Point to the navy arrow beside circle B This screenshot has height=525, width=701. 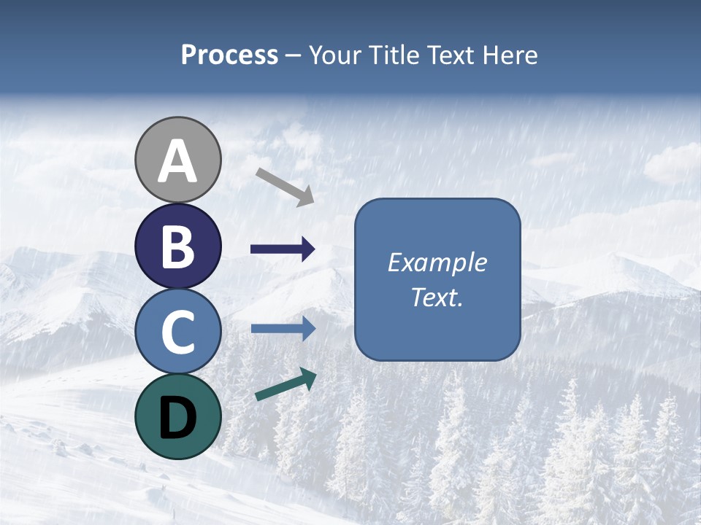tap(283, 249)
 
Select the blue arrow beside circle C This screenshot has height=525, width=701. tap(283, 329)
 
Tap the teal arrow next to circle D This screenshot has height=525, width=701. tap(286, 384)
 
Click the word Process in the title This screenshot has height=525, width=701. tap(229, 55)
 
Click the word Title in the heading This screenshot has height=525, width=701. tap(394, 55)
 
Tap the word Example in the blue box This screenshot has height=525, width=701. tap(437, 262)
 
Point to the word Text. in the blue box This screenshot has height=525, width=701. tap(437, 297)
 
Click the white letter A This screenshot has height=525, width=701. tap(177, 162)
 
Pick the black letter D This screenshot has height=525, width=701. tap(177, 419)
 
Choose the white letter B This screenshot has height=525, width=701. tap(177, 246)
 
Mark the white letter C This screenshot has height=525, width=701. tap(177, 333)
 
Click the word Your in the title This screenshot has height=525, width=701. tap(336, 55)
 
